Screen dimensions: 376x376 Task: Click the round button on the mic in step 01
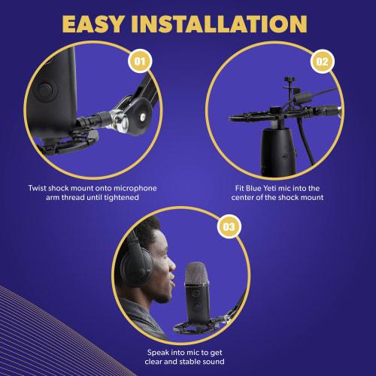pyautogui.click(x=50, y=91)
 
